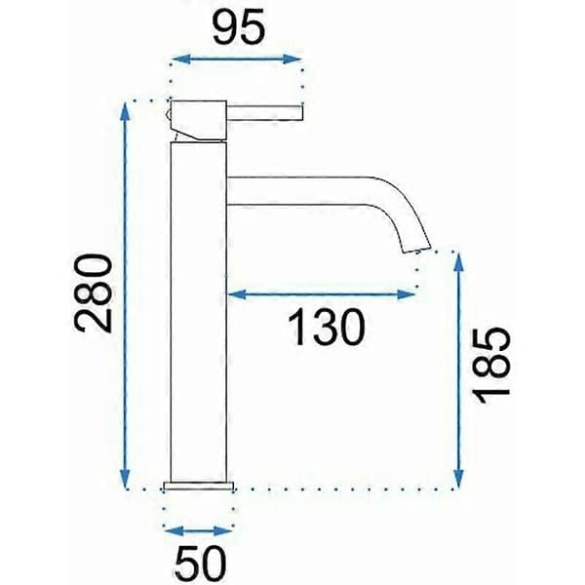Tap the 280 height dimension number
pyautogui.click(x=93, y=292)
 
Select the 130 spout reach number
pyautogui.click(x=328, y=328)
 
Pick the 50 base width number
pyautogui.click(x=201, y=563)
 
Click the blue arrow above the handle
pyautogui.click(x=237, y=58)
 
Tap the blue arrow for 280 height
pyautogui.click(x=126, y=294)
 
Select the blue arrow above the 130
pyautogui.click(x=322, y=294)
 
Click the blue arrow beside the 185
pyautogui.click(x=459, y=370)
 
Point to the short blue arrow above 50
pyautogui.click(x=199, y=530)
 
